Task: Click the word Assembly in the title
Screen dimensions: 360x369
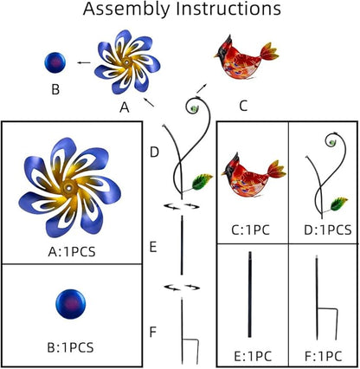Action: coord(126,10)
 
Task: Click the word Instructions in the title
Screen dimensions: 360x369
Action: coord(228,9)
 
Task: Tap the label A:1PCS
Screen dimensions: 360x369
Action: coord(72,252)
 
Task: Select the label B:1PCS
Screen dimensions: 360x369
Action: coord(70,347)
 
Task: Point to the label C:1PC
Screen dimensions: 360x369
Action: coord(251,230)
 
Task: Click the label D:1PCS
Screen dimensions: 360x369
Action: coord(328,230)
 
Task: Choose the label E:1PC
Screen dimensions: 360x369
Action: coord(253,356)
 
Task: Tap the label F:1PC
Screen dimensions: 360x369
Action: coord(324,356)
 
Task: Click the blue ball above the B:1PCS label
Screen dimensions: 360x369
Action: coord(70,304)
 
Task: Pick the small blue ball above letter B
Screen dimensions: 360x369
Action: coord(55,62)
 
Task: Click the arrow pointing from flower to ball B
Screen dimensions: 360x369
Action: coord(84,62)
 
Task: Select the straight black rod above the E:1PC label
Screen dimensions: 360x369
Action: coord(250,295)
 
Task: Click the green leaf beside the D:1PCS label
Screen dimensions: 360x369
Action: coord(339,204)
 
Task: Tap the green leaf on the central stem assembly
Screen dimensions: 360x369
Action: coord(202,182)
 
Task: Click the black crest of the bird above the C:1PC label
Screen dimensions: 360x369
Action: coord(234,162)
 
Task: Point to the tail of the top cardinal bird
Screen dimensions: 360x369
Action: coord(270,52)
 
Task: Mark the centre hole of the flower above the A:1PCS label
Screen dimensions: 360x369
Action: coord(69,189)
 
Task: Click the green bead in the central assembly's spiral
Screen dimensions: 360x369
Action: coord(194,108)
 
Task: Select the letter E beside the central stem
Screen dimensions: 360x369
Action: coord(153,248)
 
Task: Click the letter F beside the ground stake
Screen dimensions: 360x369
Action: coord(153,332)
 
